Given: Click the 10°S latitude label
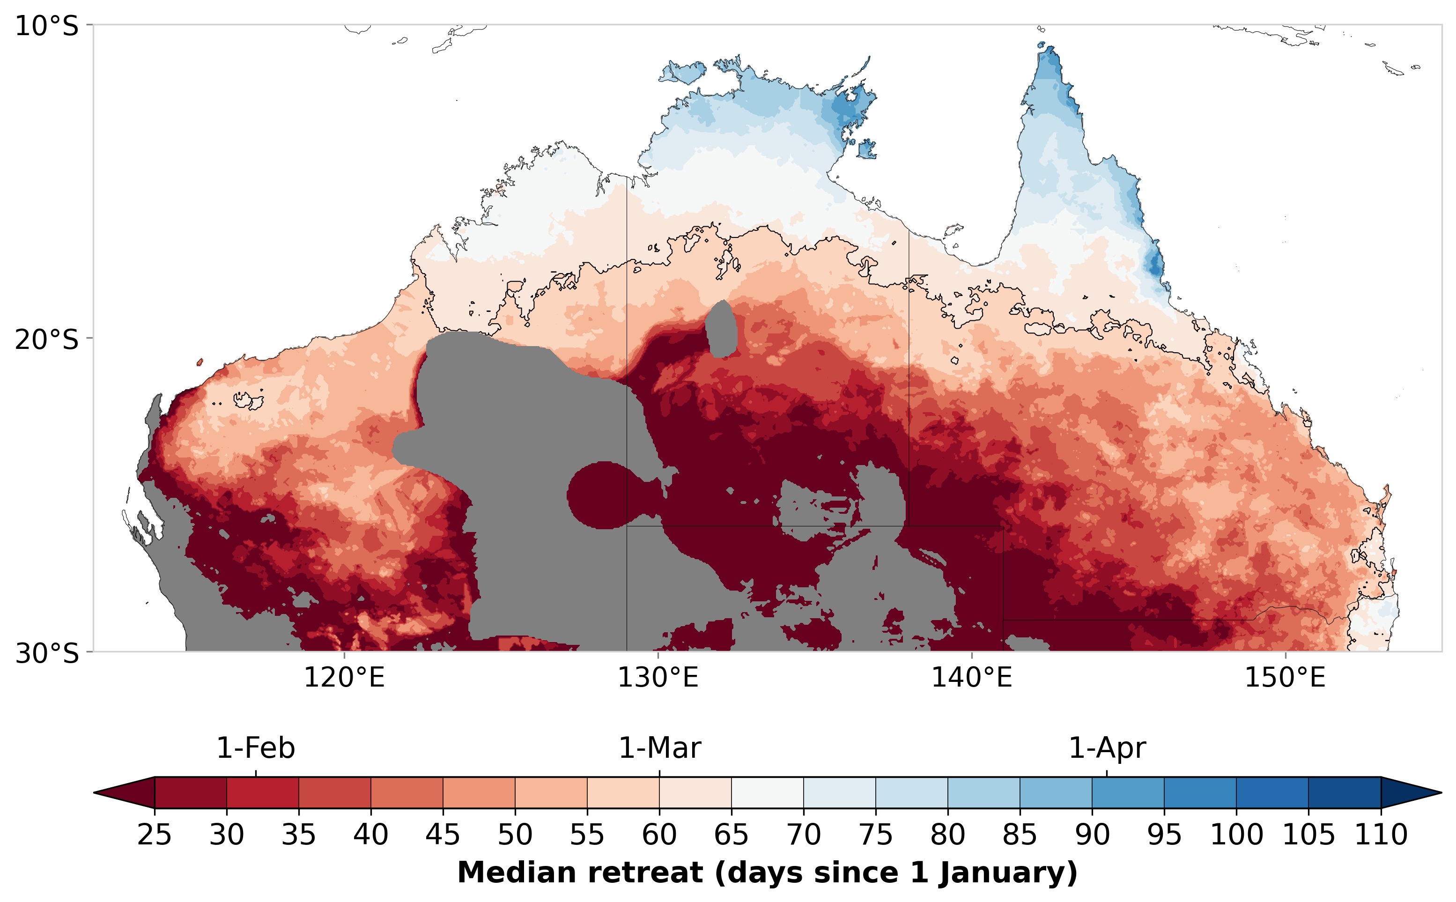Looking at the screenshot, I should (46, 26).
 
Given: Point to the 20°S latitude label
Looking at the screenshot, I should (46, 340).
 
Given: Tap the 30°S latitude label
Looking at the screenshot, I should (46, 653).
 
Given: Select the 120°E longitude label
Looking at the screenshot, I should (344, 678).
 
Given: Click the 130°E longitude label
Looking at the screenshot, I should (658, 678).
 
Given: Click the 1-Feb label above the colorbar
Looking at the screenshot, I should (255, 748).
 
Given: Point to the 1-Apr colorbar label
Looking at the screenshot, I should (1107, 748).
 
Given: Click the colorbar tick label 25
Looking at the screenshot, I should (154, 834).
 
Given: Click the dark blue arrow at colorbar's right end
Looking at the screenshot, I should (1408, 793).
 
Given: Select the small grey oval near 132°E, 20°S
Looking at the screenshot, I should (721, 330).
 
